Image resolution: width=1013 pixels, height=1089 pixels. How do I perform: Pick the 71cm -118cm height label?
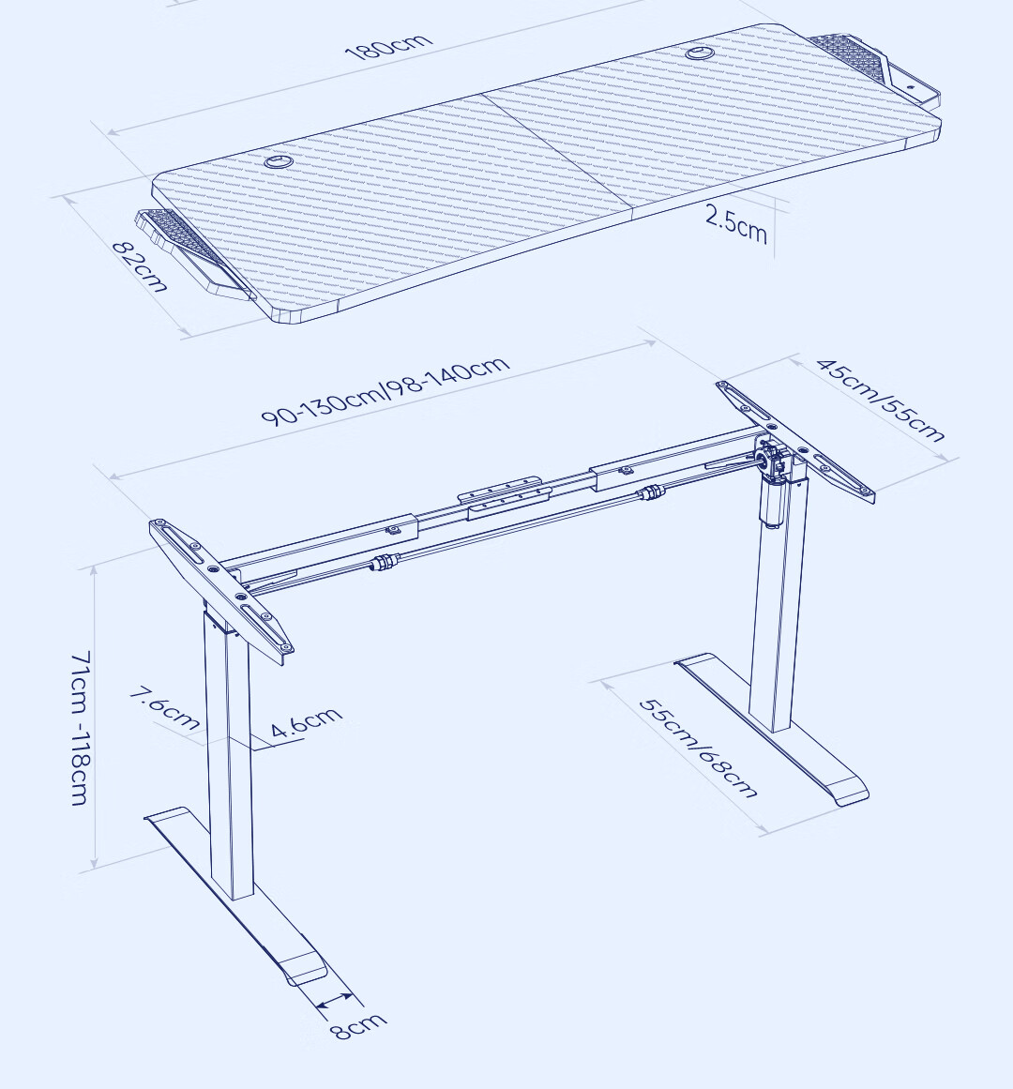81,728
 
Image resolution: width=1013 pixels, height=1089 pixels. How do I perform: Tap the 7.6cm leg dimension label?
165,708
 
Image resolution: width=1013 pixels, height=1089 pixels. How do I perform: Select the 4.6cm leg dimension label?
306,721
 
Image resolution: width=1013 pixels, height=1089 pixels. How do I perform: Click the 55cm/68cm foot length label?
698,748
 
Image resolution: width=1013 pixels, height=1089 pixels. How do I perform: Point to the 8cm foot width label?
358,1025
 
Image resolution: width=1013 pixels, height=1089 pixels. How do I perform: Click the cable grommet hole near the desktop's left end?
278,161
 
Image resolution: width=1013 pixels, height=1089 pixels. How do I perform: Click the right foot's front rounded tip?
848,792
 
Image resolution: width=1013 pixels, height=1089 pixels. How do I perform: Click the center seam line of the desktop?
556,157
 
